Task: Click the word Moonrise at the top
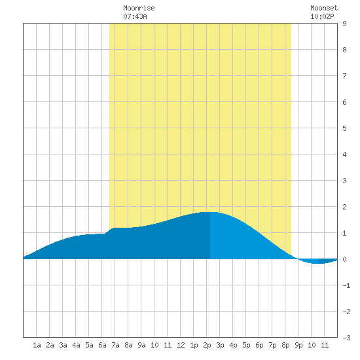[x=139, y=8]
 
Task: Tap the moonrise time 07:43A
[x=135, y=16]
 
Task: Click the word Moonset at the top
[x=324, y=8]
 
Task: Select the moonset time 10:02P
[x=322, y=16]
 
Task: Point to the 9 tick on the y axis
[x=344, y=24]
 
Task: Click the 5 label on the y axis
[x=344, y=128]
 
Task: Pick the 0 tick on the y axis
[x=344, y=259]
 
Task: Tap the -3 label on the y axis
[x=346, y=338]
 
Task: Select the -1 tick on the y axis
[x=346, y=285]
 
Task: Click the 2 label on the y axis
[x=344, y=207]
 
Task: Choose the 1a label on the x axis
[x=37, y=345]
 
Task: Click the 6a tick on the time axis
[x=102, y=345]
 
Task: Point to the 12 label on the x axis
[x=181, y=345]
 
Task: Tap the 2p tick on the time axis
[x=207, y=345]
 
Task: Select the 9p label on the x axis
[x=298, y=345]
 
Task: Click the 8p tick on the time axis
[x=285, y=345]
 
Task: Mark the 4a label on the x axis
[x=76, y=345]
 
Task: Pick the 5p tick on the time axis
[x=246, y=345]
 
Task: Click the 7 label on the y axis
[x=344, y=76]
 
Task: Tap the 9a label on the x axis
[x=141, y=345]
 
